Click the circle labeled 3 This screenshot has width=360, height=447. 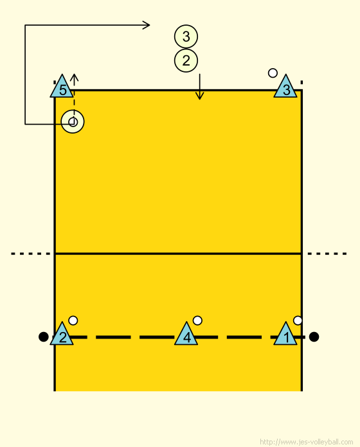(186, 37)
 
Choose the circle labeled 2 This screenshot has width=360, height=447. (186, 60)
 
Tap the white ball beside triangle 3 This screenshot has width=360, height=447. (273, 73)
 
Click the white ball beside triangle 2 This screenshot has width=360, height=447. (73, 320)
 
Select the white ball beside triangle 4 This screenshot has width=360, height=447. (197, 320)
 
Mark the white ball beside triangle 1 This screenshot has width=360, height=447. (298, 320)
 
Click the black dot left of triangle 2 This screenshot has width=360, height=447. (43, 337)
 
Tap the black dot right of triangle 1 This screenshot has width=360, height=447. (314, 337)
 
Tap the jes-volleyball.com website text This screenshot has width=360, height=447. (307, 442)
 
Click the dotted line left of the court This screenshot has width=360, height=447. (31, 254)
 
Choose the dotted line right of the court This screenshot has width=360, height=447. (327, 254)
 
